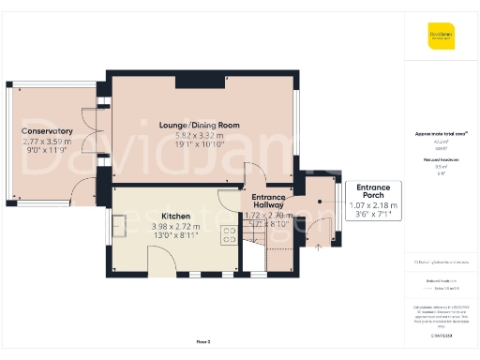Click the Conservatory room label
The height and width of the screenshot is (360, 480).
(x=47, y=130)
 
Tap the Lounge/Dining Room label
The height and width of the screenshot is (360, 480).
(x=200, y=126)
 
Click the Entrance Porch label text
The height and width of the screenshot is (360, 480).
(x=373, y=193)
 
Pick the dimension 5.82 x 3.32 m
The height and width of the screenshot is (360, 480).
(x=200, y=136)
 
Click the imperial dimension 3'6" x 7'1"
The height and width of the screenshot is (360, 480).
(x=373, y=215)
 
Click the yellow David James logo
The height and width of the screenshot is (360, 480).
(x=442, y=38)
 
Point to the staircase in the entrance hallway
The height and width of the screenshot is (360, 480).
(x=253, y=253)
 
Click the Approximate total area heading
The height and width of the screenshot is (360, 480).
(x=440, y=134)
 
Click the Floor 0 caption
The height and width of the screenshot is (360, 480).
(x=202, y=341)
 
